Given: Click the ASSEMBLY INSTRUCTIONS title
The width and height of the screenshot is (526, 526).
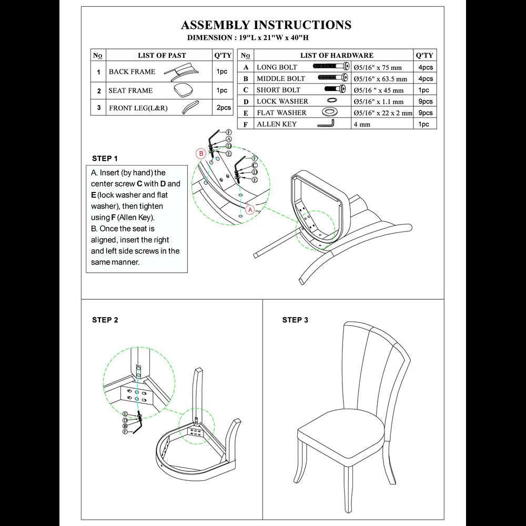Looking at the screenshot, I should click(266, 25).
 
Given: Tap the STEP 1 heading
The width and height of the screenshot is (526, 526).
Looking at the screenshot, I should click(105, 158).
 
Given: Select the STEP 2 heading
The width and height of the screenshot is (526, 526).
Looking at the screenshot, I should click(105, 320).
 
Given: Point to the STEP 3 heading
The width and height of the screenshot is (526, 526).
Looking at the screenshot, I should click(295, 320).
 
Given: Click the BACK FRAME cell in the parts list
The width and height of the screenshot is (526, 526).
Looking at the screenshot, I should click(132, 72).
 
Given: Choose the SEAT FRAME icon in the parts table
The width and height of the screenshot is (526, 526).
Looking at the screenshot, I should click(183, 89).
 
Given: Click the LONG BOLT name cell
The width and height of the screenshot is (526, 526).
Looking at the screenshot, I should click(277, 67).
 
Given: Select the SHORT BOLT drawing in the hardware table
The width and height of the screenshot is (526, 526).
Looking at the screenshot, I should click(335, 89).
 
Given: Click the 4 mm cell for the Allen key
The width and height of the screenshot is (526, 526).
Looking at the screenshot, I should click(362, 124).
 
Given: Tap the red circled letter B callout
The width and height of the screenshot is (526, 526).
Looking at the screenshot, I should click(200, 154).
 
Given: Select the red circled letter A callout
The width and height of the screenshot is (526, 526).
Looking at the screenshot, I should click(250, 209).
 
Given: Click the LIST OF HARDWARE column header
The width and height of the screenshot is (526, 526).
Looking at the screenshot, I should click(337, 55).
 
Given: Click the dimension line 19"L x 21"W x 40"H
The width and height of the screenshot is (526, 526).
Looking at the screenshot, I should click(252, 38).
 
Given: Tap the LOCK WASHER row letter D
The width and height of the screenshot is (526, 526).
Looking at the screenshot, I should click(246, 102).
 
